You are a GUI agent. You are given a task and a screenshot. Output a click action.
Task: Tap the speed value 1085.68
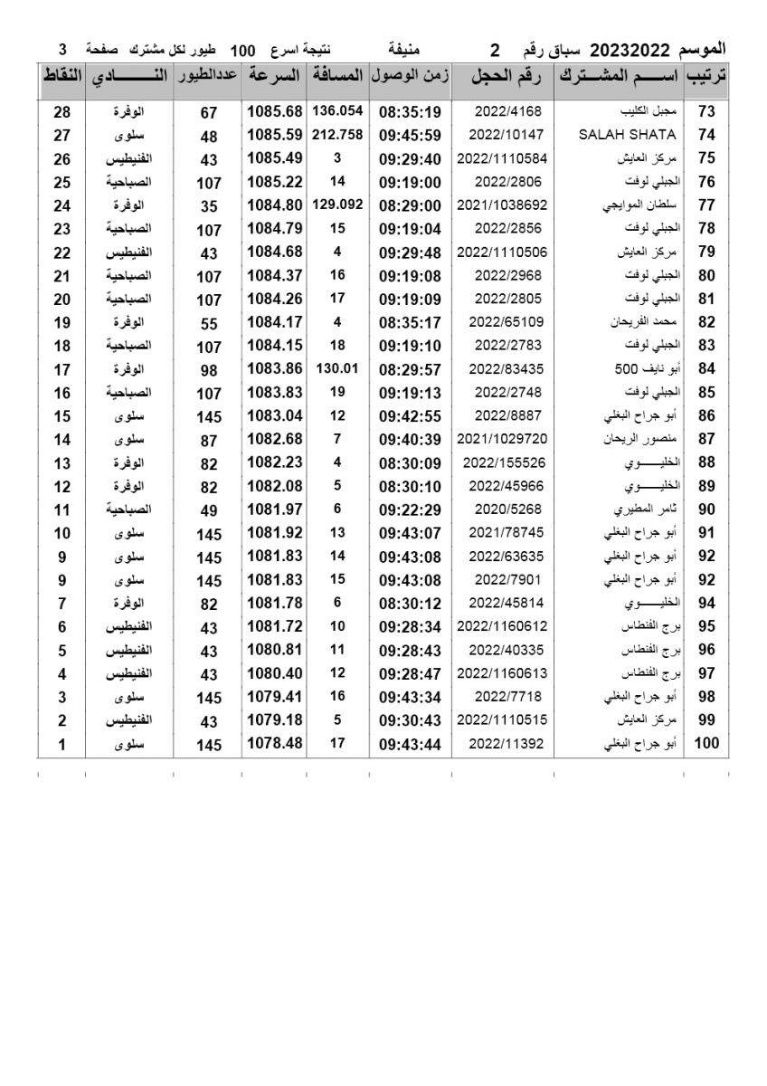pyautogui.click(x=273, y=111)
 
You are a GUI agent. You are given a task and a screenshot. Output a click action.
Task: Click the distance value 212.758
pyautogui.click(x=337, y=134)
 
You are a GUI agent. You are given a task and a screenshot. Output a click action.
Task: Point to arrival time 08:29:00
pyautogui.click(x=410, y=205)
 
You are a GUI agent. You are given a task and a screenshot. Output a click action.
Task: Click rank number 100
pyautogui.click(x=705, y=744)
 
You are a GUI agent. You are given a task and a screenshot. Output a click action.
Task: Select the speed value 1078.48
pyautogui.click(x=273, y=744)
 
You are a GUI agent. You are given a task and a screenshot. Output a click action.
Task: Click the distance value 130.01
pyautogui.click(x=337, y=368)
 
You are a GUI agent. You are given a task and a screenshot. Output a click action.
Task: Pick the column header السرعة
pyautogui.click(x=273, y=77)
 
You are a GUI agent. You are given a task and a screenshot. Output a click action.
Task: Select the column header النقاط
pyautogui.click(x=62, y=77)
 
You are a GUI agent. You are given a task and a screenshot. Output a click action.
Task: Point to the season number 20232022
pyautogui.click(x=629, y=48)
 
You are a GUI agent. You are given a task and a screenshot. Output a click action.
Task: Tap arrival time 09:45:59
pyautogui.click(x=410, y=135)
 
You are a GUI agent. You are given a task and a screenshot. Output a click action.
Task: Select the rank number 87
pyautogui.click(x=705, y=439)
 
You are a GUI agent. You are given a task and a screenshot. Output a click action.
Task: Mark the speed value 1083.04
pyautogui.click(x=273, y=415)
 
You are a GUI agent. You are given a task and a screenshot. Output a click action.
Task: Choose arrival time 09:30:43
pyautogui.click(x=410, y=720)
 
